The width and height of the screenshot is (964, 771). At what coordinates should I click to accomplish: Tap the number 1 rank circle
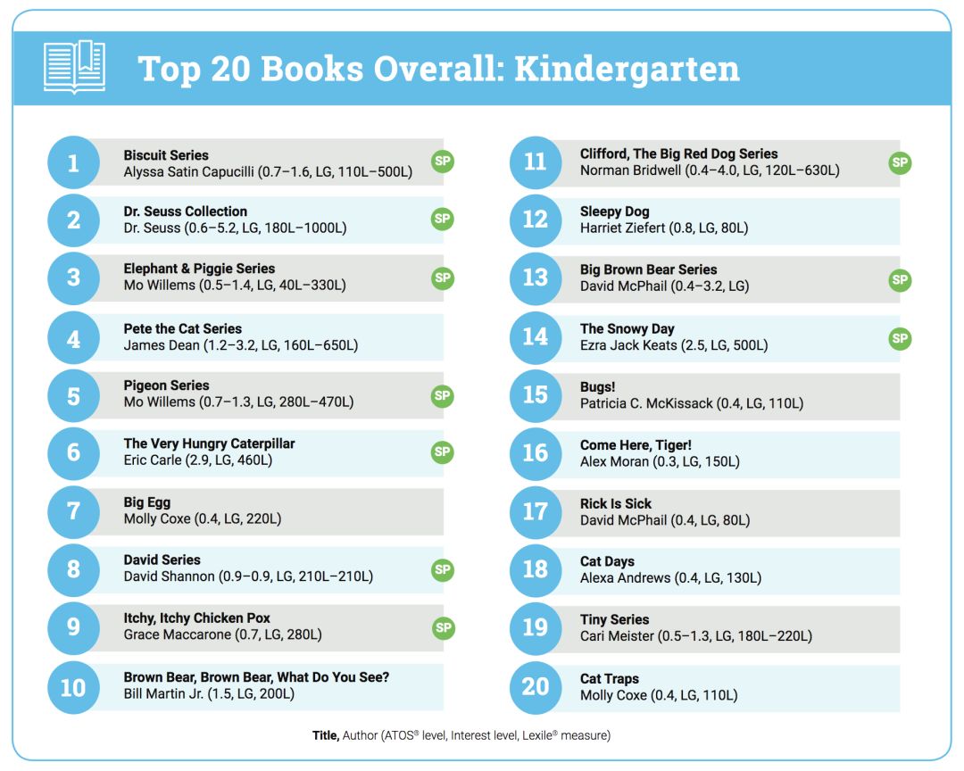[x=73, y=162]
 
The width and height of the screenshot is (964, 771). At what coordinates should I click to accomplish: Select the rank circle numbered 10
[x=73, y=686]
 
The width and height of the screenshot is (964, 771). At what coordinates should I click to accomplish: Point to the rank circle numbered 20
[x=535, y=686]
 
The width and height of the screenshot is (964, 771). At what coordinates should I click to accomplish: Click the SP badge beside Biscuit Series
[x=443, y=162]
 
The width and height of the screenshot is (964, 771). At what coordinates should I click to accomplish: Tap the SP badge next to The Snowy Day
[x=900, y=338]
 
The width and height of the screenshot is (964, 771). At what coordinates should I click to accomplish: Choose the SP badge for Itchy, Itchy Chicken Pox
[x=443, y=627]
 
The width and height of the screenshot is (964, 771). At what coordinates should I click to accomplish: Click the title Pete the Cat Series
[x=182, y=328]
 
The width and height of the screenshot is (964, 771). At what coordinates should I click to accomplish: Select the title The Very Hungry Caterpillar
[x=209, y=444]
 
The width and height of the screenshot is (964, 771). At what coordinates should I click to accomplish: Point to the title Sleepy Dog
[x=614, y=211]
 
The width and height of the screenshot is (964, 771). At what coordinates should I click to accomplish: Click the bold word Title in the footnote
[x=324, y=735]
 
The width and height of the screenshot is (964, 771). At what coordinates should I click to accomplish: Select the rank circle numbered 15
[x=535, y=395]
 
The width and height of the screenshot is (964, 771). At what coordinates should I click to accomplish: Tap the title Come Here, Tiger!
[x=636, y=445]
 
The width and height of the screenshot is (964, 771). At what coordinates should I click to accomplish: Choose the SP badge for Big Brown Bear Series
[x=900, y=279]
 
